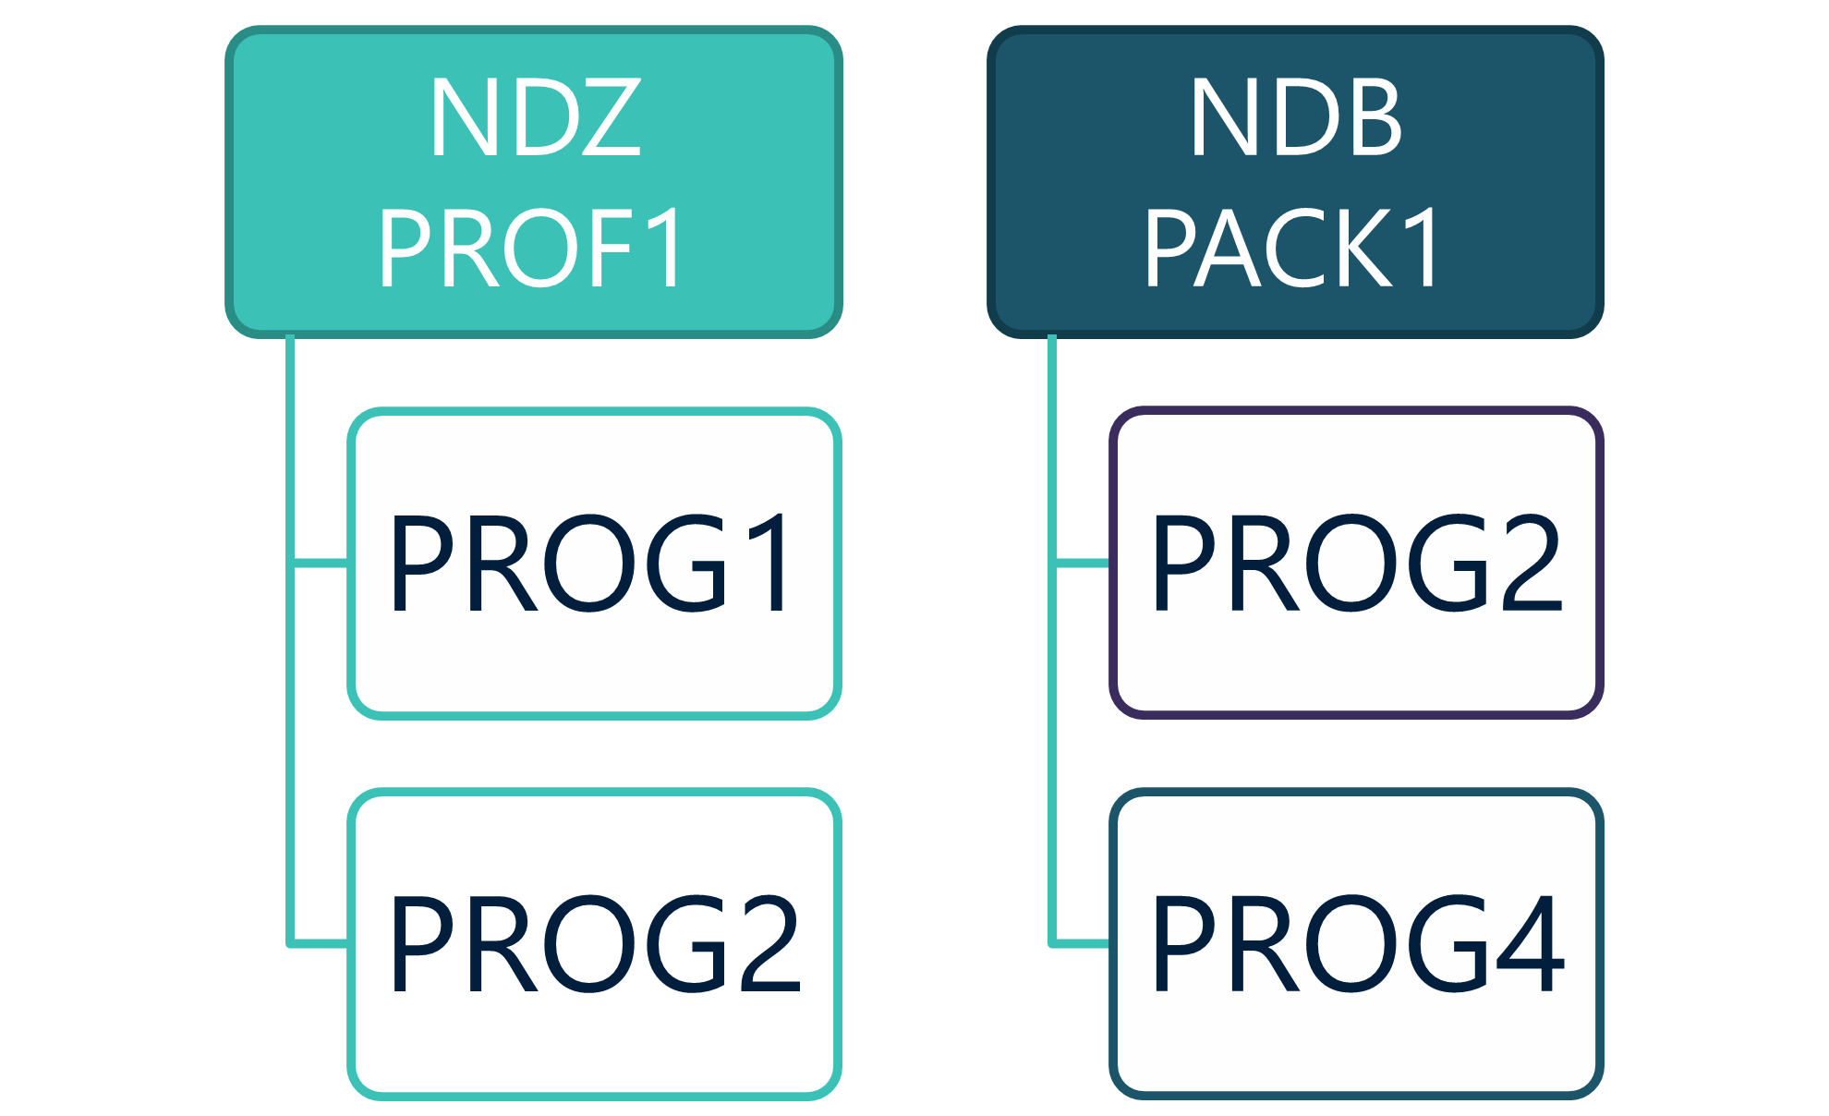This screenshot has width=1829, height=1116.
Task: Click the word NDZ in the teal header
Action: click(535, 117)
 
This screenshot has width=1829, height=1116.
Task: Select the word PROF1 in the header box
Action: click(531, 248)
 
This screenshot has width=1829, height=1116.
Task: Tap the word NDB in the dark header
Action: click(1296, 117)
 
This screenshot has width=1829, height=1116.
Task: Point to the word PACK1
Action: click(1293, 248)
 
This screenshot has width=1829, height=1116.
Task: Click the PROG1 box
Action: click(594, 563)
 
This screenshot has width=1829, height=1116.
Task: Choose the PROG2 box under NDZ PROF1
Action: click(594, 943)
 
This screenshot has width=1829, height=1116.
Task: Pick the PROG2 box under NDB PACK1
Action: click(1356, 563)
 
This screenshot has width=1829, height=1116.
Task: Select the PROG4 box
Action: click(1356, 943)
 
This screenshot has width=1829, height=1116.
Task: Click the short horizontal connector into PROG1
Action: click(321, 562)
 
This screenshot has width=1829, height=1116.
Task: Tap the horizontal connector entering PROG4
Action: click(1082, 943)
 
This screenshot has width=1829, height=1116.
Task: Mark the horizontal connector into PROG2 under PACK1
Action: click(1082, 563)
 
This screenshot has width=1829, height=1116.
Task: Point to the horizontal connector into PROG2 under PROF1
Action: click(321, 943)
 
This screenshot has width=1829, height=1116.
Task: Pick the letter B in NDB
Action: click(1370, 117)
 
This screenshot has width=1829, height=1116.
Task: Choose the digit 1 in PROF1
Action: click(660, 248)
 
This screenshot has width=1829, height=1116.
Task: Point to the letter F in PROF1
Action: click(605, 248)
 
